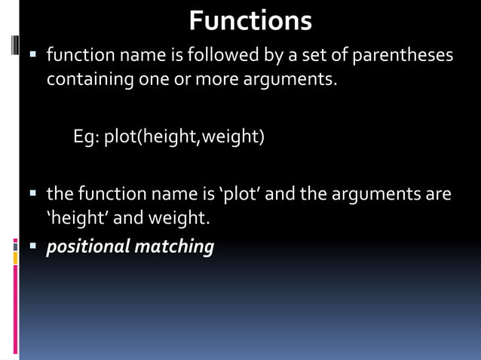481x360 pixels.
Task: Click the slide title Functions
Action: [x=250, y=20]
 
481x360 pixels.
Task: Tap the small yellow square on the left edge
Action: [x=14, y=258]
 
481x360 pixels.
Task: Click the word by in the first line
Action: [x=254, y=55]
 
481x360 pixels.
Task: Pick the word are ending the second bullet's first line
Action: [x=438, y=194]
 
